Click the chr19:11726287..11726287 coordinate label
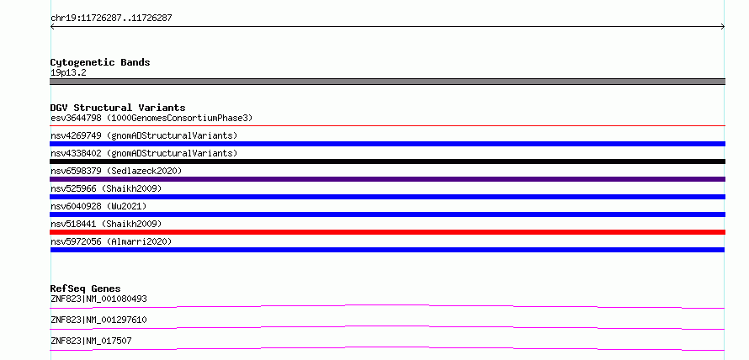111,19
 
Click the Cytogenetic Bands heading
100,62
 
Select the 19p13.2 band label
68,73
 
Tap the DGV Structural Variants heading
118,108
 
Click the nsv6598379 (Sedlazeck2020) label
116,171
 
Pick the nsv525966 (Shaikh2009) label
106,188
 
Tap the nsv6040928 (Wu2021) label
98,206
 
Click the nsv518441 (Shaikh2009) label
106,224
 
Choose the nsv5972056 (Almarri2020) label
111,241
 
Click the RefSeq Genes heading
85,289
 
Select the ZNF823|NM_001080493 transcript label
98,299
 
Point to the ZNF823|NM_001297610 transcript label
98,320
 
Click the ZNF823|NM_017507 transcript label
91,341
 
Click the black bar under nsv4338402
387,161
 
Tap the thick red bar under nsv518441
387,232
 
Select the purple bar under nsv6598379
387,179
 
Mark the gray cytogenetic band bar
387,82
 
